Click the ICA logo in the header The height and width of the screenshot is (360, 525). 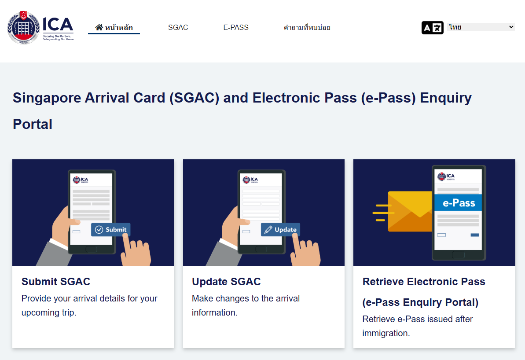(40, 28)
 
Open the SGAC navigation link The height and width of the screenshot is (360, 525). (178, 27)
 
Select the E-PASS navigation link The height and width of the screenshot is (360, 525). (236, 27)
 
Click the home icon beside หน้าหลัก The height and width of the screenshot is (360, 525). (99, 27)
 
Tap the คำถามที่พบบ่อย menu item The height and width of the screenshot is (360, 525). (307, 27)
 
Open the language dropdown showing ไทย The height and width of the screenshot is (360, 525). (481, 27)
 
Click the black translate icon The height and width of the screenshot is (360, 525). (432, 28)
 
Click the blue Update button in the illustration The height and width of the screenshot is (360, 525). (280, 229)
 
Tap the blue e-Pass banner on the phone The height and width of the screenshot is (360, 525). (458, 203)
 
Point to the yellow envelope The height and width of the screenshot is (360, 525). (409, 211)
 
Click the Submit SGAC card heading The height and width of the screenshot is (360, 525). (56, 282)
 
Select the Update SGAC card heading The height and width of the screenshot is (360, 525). (226, 282)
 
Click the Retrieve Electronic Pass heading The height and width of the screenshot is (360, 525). (424, 282)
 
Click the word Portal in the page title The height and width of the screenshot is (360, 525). (33, 124)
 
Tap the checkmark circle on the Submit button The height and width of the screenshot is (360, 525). (99, 229)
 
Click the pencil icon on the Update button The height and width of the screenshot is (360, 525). (268, 229)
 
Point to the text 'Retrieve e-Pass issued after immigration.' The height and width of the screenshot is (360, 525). (418, 326)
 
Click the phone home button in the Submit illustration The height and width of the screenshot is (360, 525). (91, 249)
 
